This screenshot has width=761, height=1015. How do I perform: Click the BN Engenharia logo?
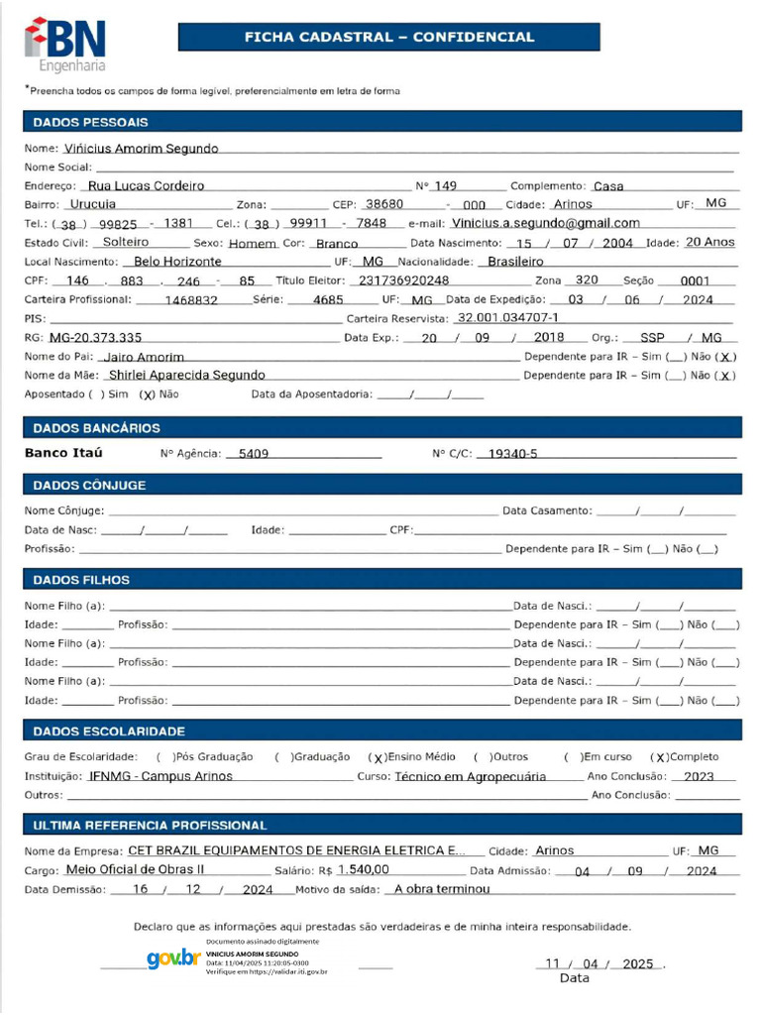click(x=64, y=44)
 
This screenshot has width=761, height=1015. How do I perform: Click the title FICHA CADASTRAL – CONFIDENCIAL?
click(x=388, y=37)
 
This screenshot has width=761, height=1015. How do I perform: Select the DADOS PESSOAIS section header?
click(x=91, y=122)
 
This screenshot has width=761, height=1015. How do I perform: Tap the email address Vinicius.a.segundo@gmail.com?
click(x=545, y=223)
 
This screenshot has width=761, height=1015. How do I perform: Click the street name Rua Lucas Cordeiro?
click(x=146, y=185)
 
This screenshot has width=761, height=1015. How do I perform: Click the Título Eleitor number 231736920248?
click(x=403, y=281)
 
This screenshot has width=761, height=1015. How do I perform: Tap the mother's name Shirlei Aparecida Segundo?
click(x=187, y=376)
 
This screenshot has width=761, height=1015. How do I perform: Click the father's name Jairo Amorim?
click(x=145, y=357)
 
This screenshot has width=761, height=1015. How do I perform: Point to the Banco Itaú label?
click(x=63, y=453)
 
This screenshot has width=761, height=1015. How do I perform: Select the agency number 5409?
click(x=247, y=454)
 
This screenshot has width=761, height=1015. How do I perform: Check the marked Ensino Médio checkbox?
click(x=378, y=757)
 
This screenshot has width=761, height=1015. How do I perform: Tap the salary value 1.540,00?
click(x=363, y=869)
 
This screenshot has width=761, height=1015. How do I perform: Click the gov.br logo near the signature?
click(x=173, y=959)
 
